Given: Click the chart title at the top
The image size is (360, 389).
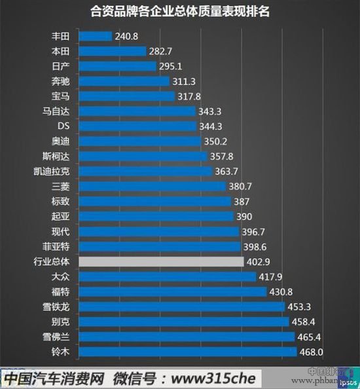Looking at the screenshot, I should (x=180, y=12).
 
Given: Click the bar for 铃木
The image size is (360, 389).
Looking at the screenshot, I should (x=187, y=352).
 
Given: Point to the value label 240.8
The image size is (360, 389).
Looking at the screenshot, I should (x=128, y=36).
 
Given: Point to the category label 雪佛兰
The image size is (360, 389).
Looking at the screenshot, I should (x=58, y=337).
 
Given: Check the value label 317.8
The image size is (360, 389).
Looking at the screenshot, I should (x=190, y=96).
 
